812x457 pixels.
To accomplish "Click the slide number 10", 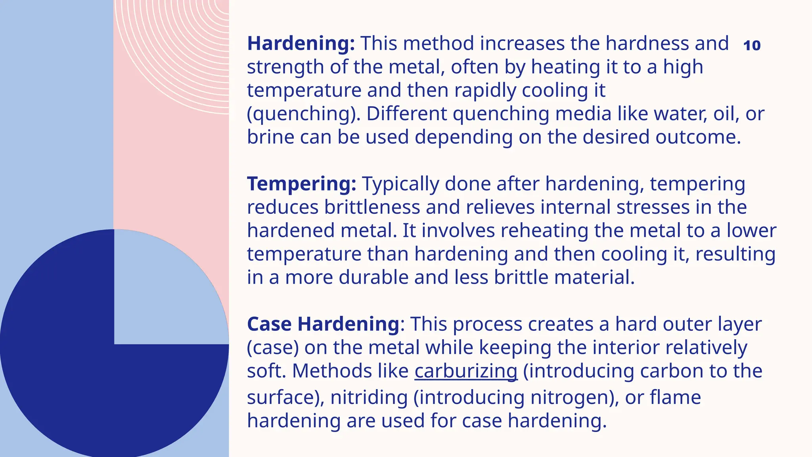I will tap(752, 46).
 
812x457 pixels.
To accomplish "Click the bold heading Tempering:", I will tap(301, 184).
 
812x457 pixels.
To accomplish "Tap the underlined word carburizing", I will tap(466, 371).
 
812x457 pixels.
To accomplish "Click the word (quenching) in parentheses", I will tap(304, 114).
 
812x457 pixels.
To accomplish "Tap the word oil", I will tap(726, 114).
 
